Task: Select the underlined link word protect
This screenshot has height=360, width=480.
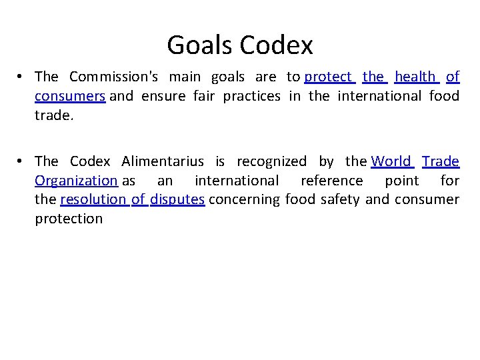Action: point(327,77)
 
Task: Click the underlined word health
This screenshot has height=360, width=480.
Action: point(414,77)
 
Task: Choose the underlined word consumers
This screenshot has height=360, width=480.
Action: point(70,96)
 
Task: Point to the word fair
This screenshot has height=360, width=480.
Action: point(205,96)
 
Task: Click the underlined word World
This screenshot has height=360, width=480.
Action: point(391,161)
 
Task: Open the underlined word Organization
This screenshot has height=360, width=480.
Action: point(76,181)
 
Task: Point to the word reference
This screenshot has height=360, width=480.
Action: point(331,181)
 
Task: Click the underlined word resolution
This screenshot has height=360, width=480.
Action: point(93,199)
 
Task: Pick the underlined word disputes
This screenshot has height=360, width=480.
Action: point(177,199)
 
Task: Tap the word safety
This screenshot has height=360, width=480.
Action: point(340,199)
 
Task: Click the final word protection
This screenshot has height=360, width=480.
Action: point(69,219)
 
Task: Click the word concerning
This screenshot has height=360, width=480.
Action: point(245,199)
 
